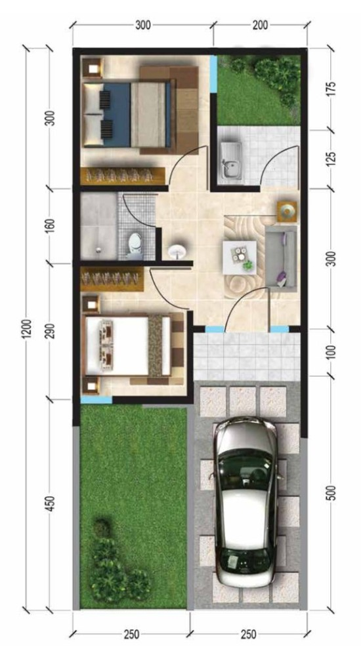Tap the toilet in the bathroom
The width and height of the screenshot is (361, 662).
134,244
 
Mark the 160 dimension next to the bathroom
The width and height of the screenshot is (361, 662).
51,225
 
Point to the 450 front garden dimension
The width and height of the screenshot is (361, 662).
51,503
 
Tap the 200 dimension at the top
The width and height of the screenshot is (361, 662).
260,26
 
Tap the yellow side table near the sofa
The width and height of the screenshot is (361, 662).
287,211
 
